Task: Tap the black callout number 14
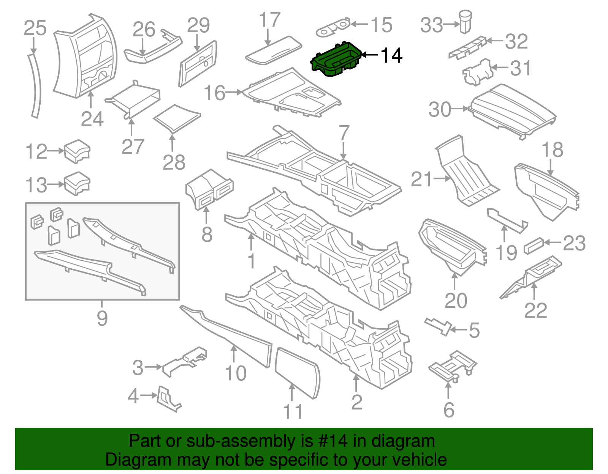click(x=391, y=56)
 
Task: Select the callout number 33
click(x=432, y=25)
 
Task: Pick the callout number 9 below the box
click(x=102, y=318)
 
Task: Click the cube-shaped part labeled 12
click(x=77, y=151)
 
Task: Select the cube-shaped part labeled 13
click(x=77, y=184)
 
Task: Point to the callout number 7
click(x=344, y=133)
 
